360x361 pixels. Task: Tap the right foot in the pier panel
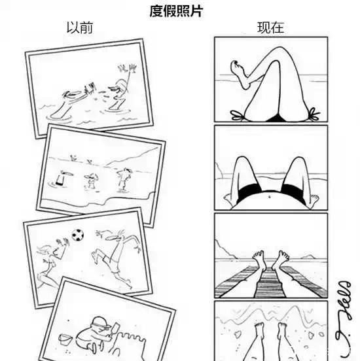point(283,257)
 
